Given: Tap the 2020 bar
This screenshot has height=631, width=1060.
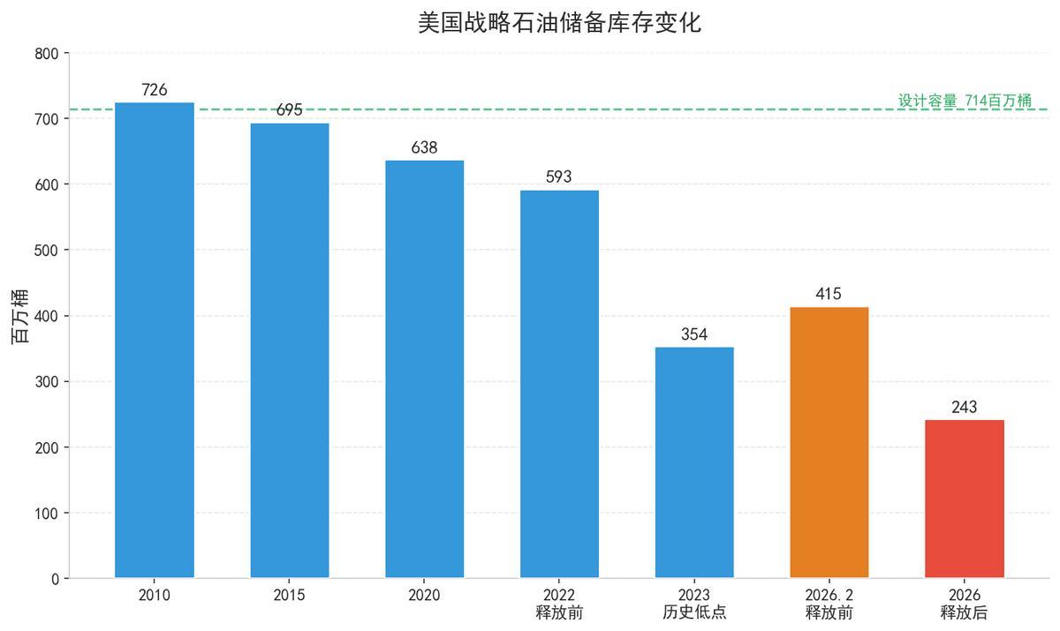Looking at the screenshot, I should (424, 370).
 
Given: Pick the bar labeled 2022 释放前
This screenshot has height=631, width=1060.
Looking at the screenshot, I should (559, 385).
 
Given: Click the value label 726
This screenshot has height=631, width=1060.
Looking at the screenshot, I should (155, 90).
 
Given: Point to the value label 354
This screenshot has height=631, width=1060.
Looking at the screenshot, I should (694, 334).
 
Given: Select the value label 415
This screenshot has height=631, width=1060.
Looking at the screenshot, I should (829, 294).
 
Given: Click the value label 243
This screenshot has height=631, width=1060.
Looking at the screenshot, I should (965, 407).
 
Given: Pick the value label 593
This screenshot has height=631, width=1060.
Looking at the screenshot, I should (559, 177).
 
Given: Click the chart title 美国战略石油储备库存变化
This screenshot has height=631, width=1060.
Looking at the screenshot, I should (559, 22).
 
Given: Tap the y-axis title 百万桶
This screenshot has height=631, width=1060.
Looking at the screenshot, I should (19, 316).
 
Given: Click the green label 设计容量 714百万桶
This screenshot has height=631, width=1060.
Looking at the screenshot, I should (965, 101).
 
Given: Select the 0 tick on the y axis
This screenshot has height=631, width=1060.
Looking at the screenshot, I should (55, 579).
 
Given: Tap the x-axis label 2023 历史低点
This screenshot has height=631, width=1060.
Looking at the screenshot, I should (694, 604).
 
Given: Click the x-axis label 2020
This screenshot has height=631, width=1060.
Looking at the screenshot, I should (424, 596).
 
